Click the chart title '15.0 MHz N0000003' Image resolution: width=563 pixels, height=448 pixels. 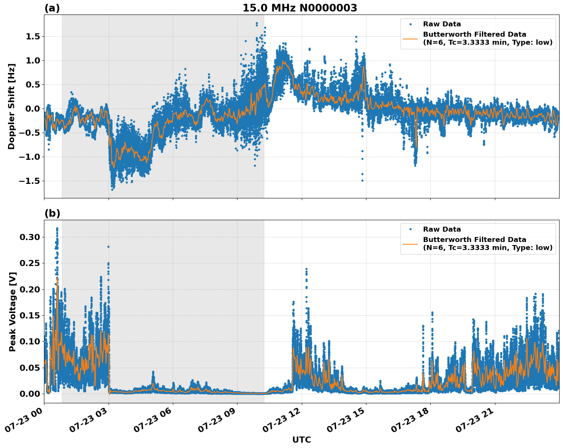click(x=299, y=8)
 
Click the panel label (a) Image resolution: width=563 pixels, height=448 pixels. click(x=52, y=8)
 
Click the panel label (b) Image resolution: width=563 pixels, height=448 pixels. click(x=52, y=213)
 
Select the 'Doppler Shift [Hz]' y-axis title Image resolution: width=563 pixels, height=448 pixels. click(x=11, y=106)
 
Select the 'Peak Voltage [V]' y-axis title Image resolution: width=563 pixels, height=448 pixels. click(x=12, y=312)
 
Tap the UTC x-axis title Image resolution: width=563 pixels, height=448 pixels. click(x=301, y=440)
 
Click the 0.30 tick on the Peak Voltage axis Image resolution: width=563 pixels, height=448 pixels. click(x=29, y=237)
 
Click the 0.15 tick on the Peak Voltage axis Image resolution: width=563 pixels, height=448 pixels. click(x=29, y=315)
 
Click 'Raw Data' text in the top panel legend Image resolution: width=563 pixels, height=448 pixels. click(x=442, y=24)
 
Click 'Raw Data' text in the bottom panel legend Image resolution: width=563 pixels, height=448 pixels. click(x=442, y=229)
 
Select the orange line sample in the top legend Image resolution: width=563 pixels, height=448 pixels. click(x=410, y=38)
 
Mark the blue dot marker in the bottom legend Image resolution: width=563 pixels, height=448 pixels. click(x=410, y=229)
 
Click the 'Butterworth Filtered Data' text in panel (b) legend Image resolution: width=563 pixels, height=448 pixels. click(x=474, y=240)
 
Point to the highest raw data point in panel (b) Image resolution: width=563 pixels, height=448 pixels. click(x=57, y=229)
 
